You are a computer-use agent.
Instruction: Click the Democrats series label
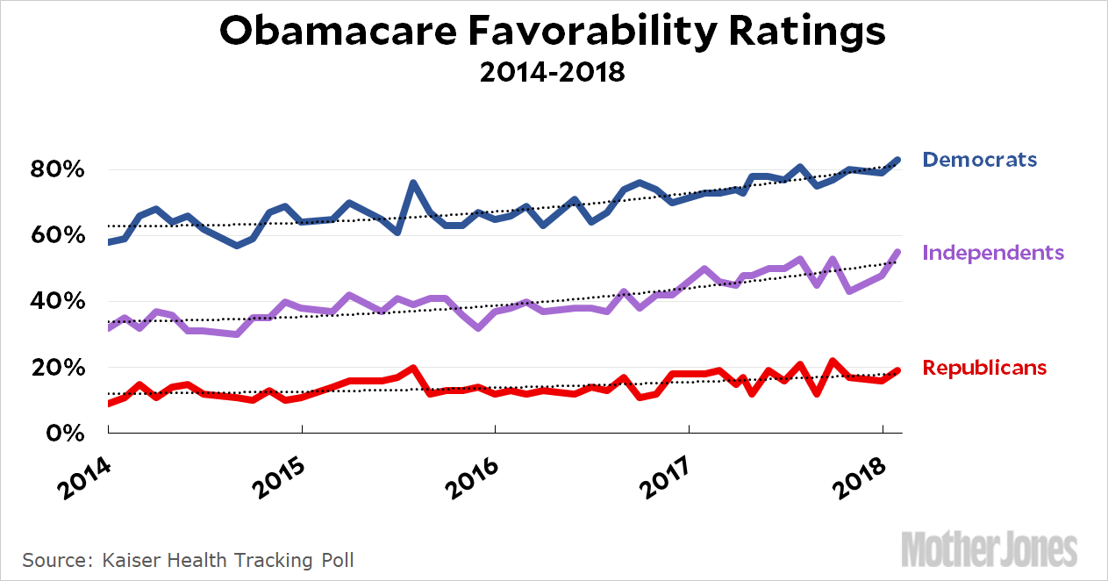pyautogui.click(x=979, y=160)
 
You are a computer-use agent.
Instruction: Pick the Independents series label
pyautogui.click(x=993, y=253)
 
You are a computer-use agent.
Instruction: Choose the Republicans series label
pyautogui.click(x=984, y=367)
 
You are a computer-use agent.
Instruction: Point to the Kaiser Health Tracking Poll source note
pyautogui.click(x=189, y=559)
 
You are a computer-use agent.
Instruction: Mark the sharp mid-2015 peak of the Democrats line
pyautogui.click(x=412, y=183)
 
